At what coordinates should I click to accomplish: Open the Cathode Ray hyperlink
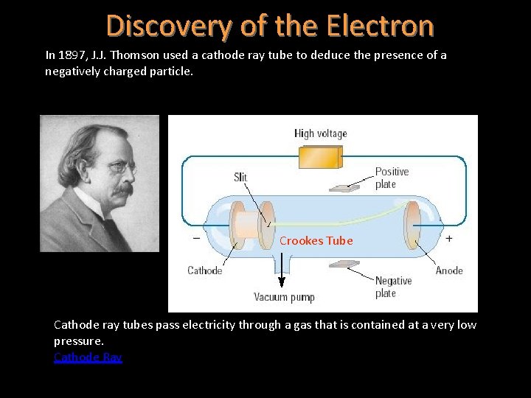88,357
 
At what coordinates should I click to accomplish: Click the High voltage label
320,133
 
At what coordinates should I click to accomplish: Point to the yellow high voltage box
320,158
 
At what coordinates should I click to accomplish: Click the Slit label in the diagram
240,177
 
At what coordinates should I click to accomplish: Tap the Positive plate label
392,178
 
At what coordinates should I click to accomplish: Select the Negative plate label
393,287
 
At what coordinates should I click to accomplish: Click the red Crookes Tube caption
316,241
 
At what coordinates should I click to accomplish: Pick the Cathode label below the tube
204,270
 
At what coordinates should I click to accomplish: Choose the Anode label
449,270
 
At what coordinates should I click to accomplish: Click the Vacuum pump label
284,298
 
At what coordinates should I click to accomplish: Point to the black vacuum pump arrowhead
281,282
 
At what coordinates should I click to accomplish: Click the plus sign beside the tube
448,239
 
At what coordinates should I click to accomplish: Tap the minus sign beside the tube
196,239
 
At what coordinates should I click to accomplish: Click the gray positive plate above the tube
345,186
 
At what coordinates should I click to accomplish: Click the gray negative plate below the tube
345,263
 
